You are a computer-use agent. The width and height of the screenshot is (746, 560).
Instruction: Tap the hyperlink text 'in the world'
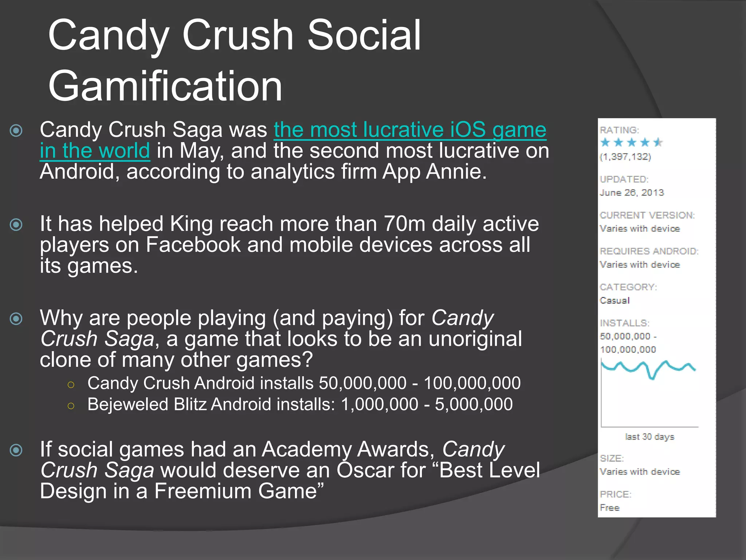tap(95, 151)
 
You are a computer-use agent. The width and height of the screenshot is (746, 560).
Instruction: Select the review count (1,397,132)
tap(625, 157)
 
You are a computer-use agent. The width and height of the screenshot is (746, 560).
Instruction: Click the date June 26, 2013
tap(632, 192)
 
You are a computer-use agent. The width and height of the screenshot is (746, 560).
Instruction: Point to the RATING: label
tap(619, 130)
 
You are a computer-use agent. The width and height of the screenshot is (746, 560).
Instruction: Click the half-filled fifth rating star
tap(658, 143)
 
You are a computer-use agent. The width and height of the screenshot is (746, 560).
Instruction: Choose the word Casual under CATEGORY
tap(615, 300)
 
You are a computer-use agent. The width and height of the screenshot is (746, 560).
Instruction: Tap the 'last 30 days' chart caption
tap(649, 436)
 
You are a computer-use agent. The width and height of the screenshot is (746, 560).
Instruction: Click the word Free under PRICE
tap(609, 507)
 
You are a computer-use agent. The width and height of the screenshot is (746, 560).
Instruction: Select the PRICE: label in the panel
tap(616, 494)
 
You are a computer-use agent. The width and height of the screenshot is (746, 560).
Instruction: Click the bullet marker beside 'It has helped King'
tap(16, 225)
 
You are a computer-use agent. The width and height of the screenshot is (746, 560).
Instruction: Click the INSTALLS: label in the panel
tap(624, 323)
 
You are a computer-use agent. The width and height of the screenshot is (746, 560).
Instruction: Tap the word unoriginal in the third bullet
tap(475, 339)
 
